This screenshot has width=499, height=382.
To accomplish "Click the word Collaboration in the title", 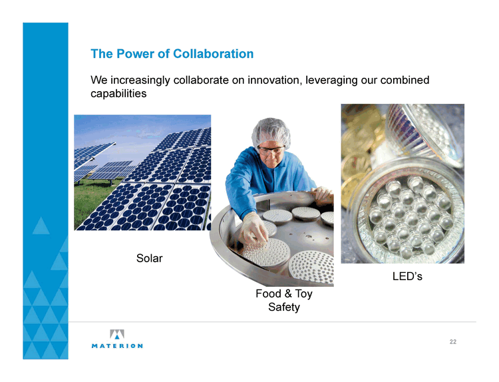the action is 213,54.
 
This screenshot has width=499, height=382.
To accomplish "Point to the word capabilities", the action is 118,94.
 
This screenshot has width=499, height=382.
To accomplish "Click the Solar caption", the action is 149,258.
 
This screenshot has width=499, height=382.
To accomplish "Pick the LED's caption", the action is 407,276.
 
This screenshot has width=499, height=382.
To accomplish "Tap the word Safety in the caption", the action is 284,307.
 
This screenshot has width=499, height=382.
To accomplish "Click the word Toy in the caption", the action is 303,294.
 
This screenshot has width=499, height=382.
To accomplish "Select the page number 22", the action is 453,342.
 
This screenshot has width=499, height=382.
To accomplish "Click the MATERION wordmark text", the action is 117,345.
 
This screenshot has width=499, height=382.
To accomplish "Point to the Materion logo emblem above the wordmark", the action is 117,334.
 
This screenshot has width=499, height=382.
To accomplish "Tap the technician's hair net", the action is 271,132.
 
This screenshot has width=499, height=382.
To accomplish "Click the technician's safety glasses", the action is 271,150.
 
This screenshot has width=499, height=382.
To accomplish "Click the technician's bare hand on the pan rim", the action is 322,194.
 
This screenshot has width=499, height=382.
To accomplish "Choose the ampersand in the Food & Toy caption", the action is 288,293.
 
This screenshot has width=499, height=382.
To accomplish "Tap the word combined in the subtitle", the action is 405,80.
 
